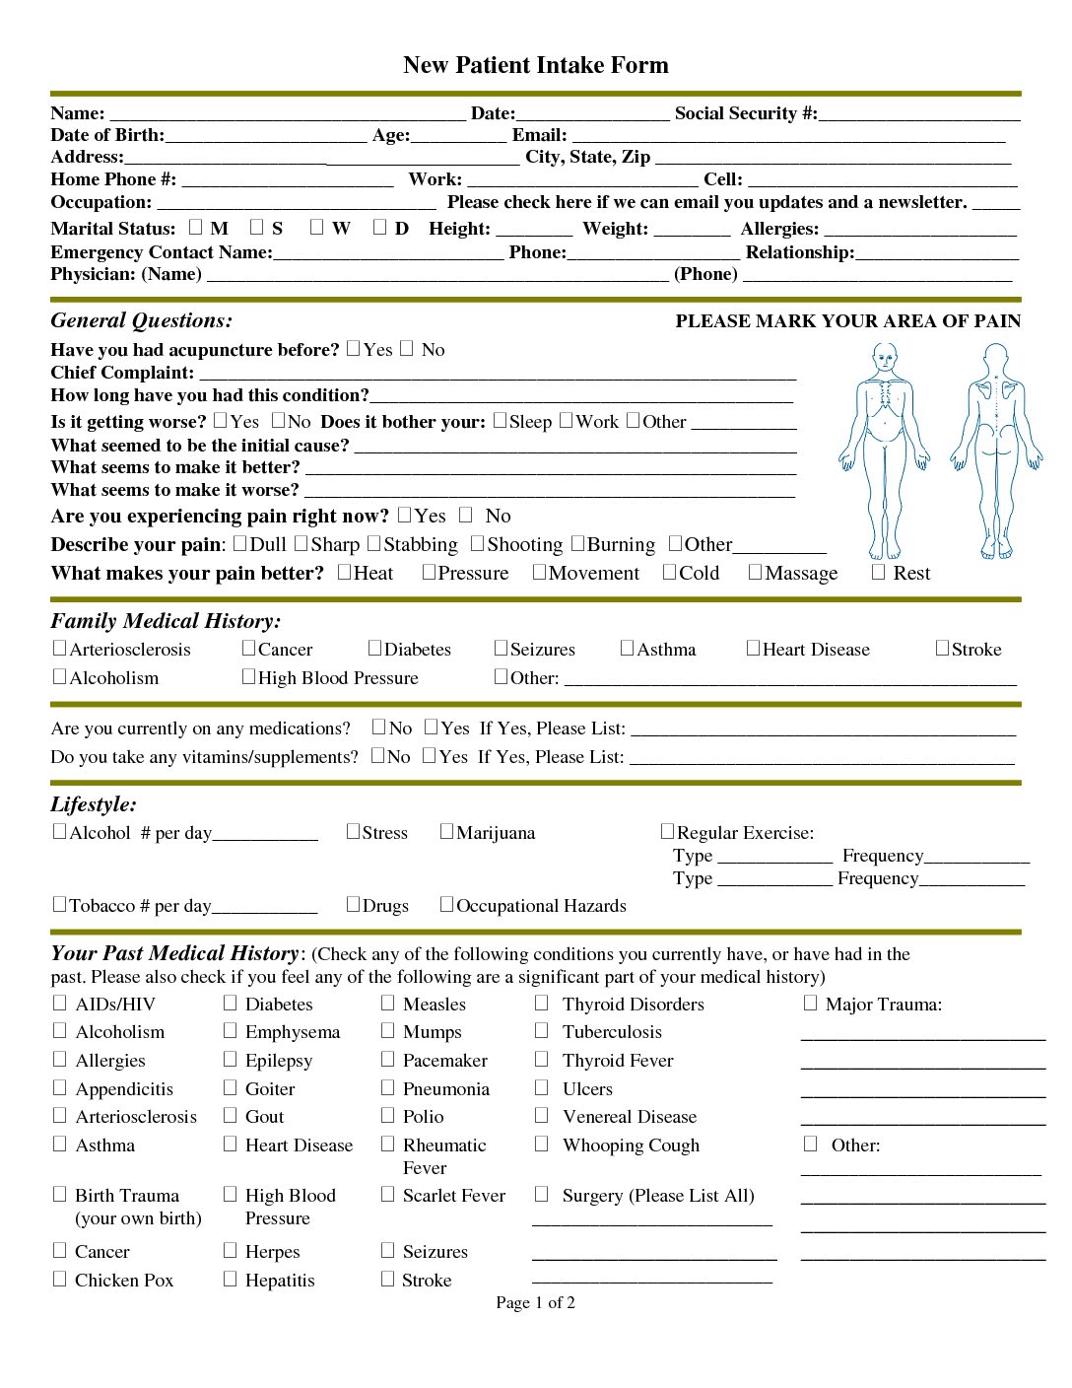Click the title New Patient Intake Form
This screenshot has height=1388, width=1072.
[x=535, y=65]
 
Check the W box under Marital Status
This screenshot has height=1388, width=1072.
[x=316, y=227]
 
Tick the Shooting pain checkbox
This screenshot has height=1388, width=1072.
[x=477, y=543]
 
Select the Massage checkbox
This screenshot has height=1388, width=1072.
[x=755, y=572]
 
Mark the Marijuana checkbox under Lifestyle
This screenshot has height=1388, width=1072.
[x=446, y=831]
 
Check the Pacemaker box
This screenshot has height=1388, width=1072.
[x=387, y=1059]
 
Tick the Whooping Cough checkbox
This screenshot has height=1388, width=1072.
[x=541, y=1144]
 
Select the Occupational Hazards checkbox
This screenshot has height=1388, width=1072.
[x=446, y=904]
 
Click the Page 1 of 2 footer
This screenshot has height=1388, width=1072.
[x=535, y=1302]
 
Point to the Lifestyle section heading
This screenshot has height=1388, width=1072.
[x=94, y=804]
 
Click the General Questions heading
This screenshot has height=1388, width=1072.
[x=142, y=320]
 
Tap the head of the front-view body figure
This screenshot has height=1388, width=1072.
[x=885, y=357]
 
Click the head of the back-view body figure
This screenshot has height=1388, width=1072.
[x=996, y=357]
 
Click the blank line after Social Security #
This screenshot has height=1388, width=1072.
[x=918, y=114]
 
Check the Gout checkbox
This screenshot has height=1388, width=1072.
[x=230, y=1115]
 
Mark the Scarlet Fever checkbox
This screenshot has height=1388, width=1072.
[x=387, y=1194]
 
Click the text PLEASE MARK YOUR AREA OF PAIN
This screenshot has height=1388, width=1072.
[x=847, y=321]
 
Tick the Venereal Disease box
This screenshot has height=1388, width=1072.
[x=541, y=1115]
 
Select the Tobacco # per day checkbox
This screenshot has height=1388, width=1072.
[x=59, y=904]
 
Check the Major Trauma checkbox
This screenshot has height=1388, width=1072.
[x=810, y=1003]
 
